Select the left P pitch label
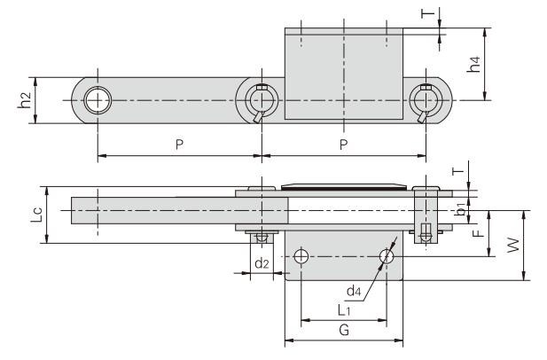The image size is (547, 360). [x=179, y=145]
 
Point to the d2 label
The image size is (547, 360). [x=261, y=263]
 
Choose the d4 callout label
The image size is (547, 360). [x=353, y=290]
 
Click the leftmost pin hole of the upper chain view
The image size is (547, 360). [x=97, y=100]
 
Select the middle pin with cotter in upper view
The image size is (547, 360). [x=261, y=100]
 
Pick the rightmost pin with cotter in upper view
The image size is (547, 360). [x=426, y=100]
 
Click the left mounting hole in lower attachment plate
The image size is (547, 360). [x=301, y=256]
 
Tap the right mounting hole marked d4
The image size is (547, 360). [x=385, y=256]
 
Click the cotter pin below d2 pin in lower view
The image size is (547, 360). [x=260, y=238]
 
